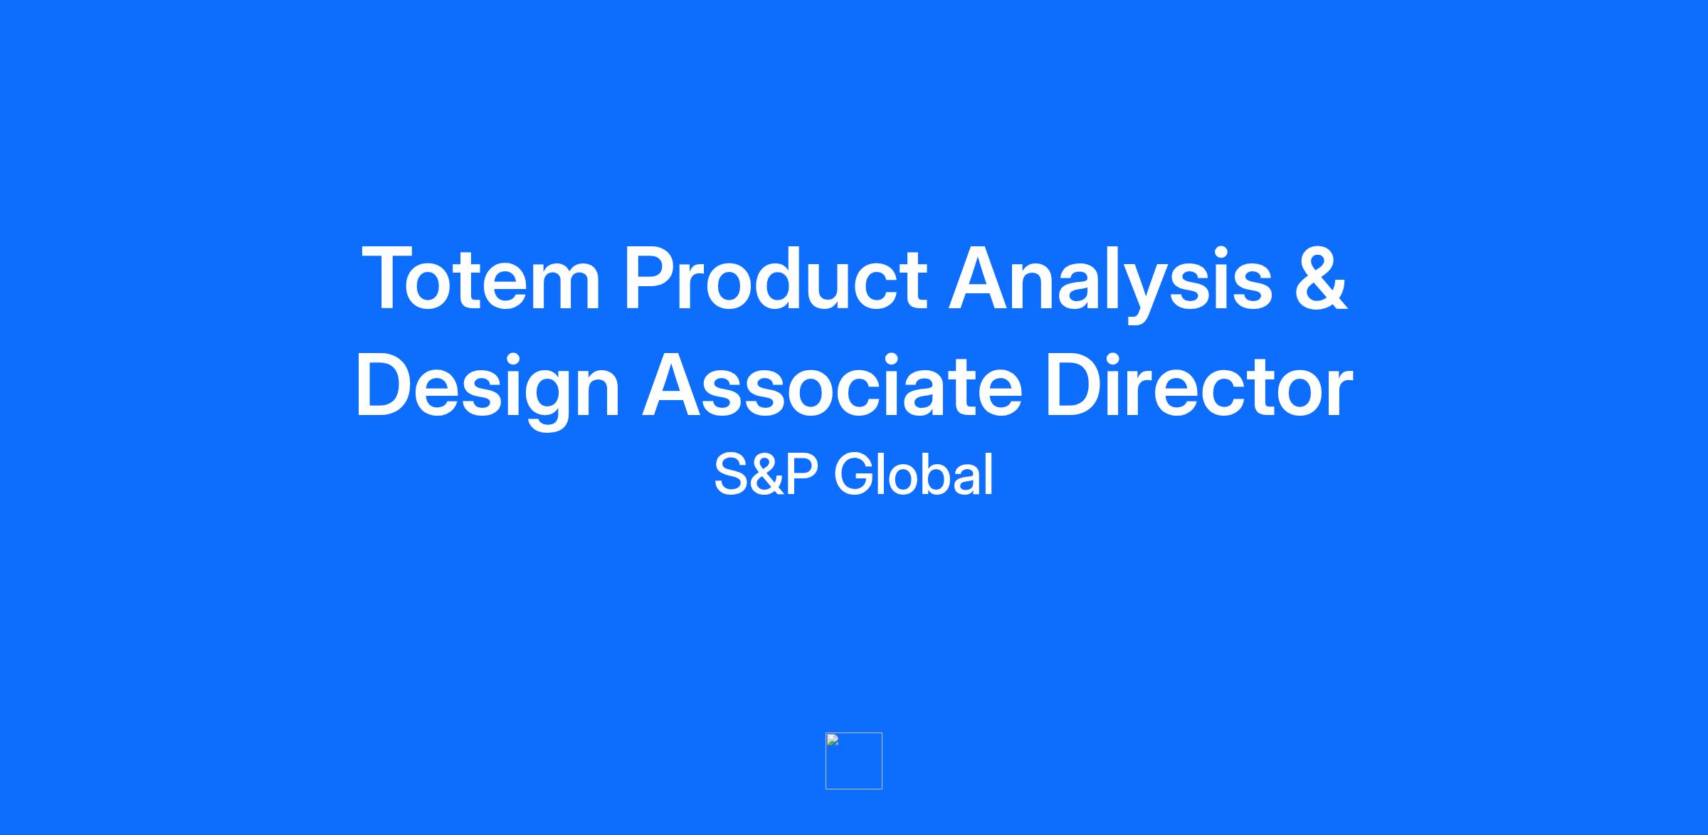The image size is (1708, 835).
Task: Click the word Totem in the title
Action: point(482,278)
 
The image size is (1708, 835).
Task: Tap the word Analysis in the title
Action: point(1110,283)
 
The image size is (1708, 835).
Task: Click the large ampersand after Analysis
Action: point(1321,278)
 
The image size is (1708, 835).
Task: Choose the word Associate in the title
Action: point(832,385)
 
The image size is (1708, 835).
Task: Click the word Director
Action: point(1199,385)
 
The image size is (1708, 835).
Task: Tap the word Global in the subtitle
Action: point(914,474)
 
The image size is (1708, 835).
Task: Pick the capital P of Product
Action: point(651,278)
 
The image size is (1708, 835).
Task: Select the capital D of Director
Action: point(1074,385)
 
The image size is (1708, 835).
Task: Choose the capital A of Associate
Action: point(675,385)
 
